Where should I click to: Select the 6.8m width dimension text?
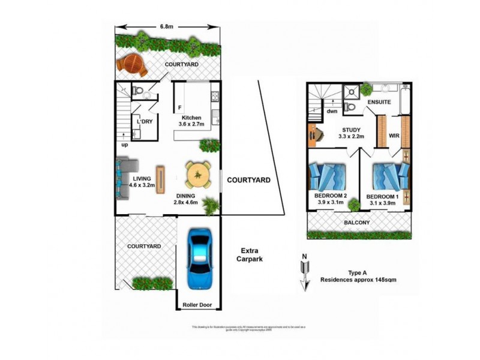(167, 26)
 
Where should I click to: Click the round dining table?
(197, 175)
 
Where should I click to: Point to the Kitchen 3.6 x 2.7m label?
(191, 121)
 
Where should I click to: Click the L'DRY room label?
(145, 122)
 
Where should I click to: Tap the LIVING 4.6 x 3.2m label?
(142, 182)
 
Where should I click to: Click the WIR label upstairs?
(394, 136)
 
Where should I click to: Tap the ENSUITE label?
(379, 103)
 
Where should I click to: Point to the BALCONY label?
(358, 223)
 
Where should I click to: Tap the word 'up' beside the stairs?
(125, 145)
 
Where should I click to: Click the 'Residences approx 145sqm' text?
(358, 280)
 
